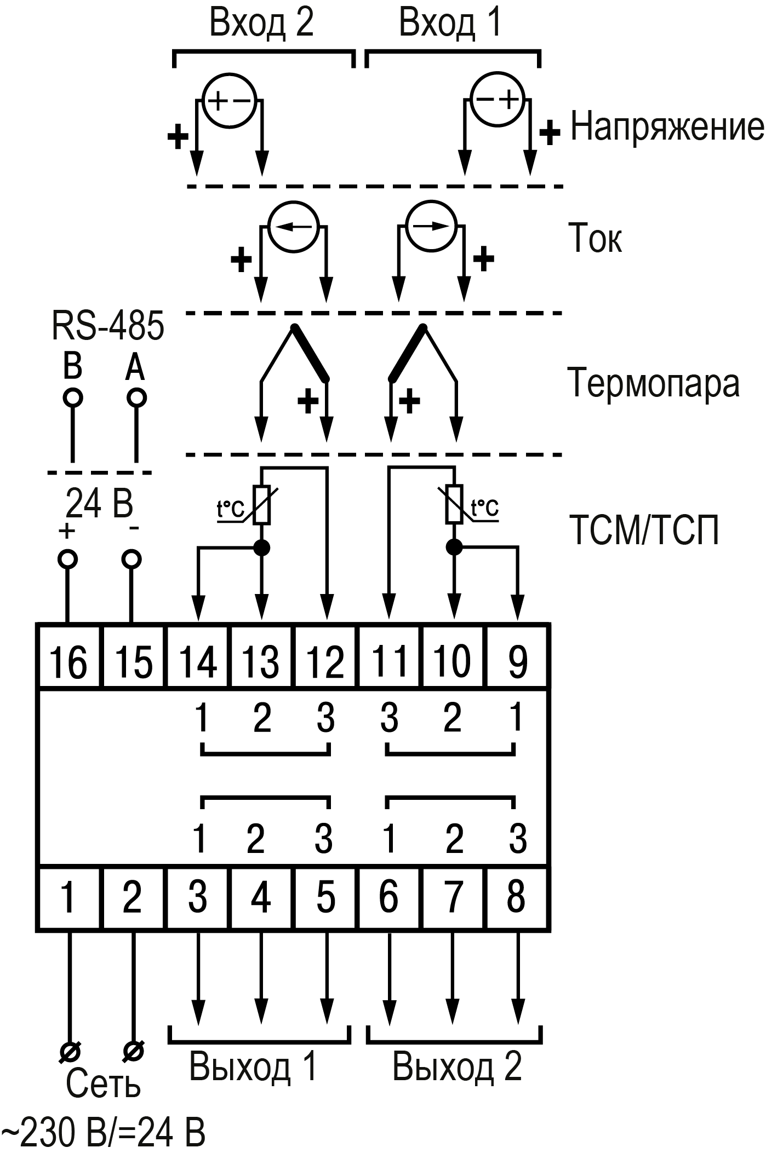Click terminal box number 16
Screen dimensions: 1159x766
68,661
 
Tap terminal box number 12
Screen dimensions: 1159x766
325,661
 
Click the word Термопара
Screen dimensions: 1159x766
653,383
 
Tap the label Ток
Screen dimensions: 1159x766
595,239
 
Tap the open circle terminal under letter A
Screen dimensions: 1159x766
136,397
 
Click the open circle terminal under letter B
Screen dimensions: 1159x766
72,397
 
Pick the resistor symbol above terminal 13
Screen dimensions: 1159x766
262,505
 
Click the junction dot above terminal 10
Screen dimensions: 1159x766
453,546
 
